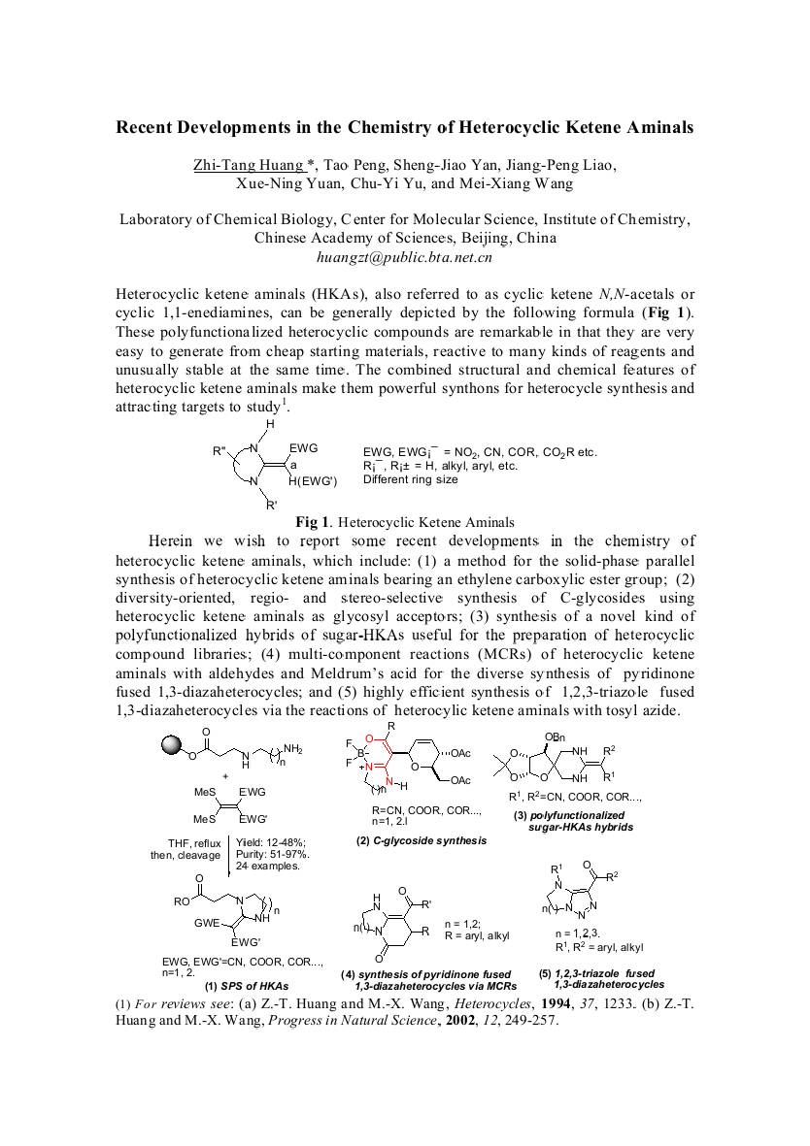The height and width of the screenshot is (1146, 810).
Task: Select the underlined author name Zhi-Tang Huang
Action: pos(248,165)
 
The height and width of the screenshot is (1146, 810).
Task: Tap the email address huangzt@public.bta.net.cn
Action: pos(404,257)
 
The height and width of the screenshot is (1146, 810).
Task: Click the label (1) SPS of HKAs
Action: pos(247,985)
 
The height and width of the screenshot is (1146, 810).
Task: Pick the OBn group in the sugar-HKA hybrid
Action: pos(555,738)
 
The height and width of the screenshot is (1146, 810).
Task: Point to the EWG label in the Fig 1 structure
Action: pos(303,447)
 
